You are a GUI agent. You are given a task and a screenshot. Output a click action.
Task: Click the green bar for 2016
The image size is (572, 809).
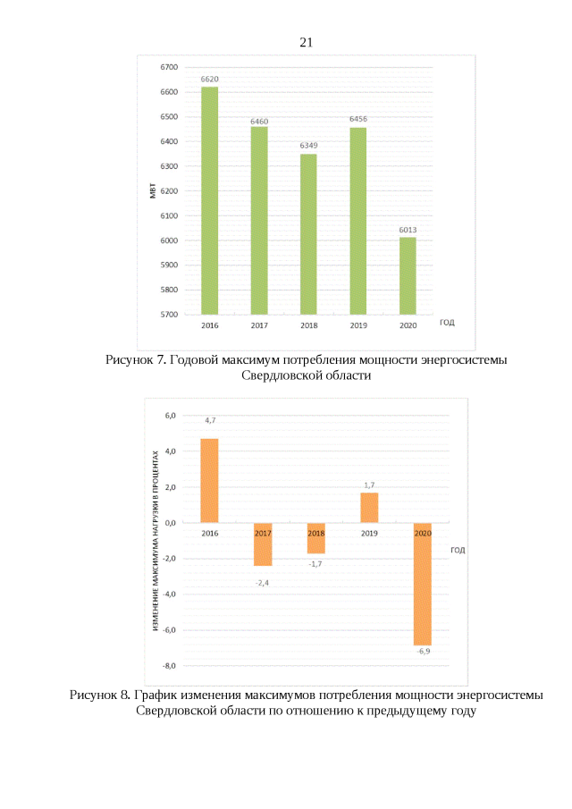(x=210, y=200)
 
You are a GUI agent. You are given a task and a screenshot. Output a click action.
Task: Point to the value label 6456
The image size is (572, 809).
(x=357, y=119)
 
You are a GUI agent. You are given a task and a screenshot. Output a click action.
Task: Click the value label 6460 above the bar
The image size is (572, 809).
(x=259, y=121)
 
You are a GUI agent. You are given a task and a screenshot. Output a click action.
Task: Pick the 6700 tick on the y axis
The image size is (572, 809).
(x=169, y=67)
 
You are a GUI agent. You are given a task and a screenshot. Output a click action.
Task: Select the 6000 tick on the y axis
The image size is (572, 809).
(x=169, y=240)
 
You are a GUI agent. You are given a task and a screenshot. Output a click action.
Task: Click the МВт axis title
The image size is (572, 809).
(x=152, y=190)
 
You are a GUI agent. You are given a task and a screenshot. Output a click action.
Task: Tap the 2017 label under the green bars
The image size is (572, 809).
(x=259, y=324)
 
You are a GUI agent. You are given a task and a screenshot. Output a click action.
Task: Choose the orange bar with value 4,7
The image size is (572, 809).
(x=209, y=480)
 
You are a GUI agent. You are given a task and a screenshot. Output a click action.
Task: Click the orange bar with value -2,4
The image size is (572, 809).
(x=263, y=544)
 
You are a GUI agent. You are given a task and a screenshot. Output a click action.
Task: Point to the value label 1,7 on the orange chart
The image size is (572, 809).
(x=369, y=485)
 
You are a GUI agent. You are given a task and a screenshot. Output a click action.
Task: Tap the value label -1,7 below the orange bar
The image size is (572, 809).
(x=315, y=564)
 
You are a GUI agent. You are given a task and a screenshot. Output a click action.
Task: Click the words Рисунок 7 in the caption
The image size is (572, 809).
(x=135, y=359)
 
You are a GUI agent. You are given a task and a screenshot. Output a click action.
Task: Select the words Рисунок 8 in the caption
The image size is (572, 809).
(x=100, y=695)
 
